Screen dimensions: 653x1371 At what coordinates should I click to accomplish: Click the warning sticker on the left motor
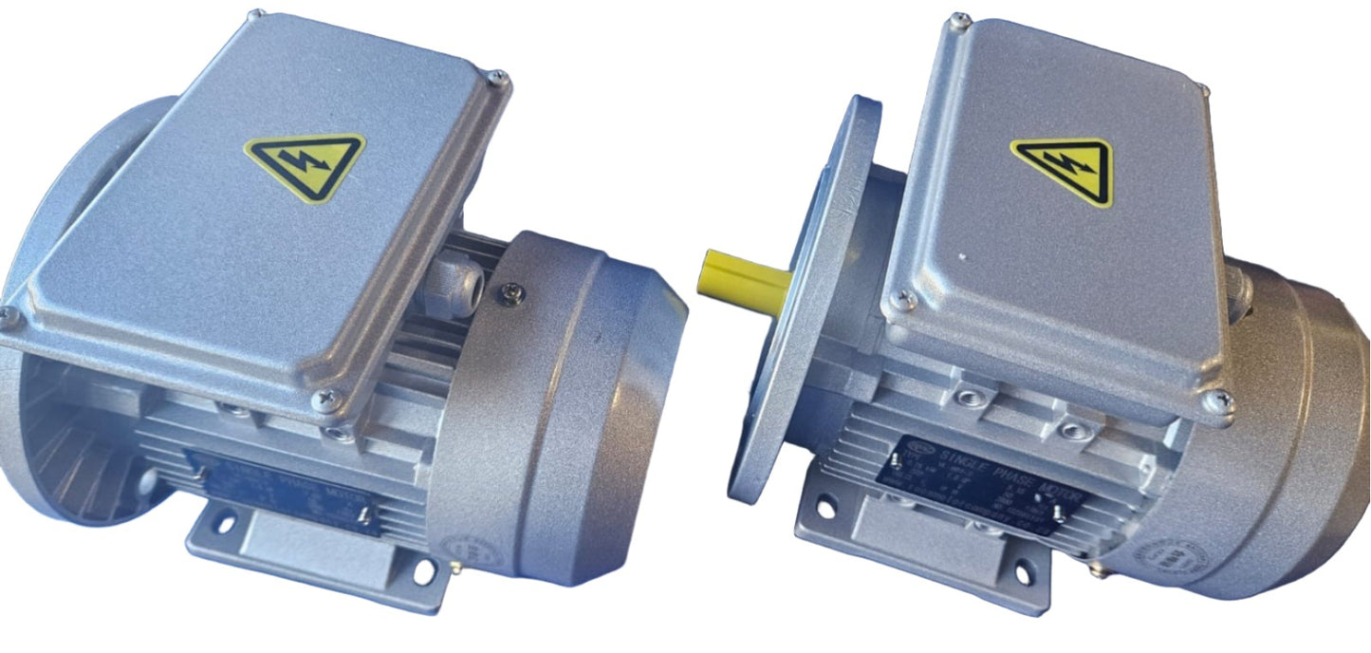(305, 165)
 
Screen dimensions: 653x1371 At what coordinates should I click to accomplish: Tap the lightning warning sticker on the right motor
(1063, 169)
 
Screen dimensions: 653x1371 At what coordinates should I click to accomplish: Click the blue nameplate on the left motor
(285, 494)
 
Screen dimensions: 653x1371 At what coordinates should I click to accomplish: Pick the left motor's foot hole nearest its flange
(225, 520)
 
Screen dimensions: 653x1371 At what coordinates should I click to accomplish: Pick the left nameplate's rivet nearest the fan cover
(365, 516)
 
